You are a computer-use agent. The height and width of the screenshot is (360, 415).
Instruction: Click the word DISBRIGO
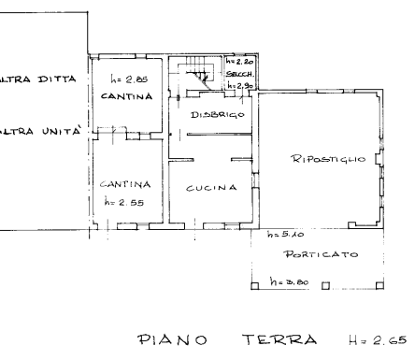[x=217, y=114]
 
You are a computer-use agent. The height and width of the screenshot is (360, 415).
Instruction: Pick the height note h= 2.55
[x=122, y=201]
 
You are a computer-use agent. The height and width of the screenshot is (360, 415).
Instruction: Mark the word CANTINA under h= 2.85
[x=121, y=95]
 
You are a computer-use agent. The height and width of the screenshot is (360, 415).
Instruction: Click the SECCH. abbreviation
[x=236, y=74]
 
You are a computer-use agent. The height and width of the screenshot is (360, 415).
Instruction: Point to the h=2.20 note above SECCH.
[x=236, y=62]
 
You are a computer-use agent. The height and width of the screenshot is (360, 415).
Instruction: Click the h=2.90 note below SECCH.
[x=236, y=85]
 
